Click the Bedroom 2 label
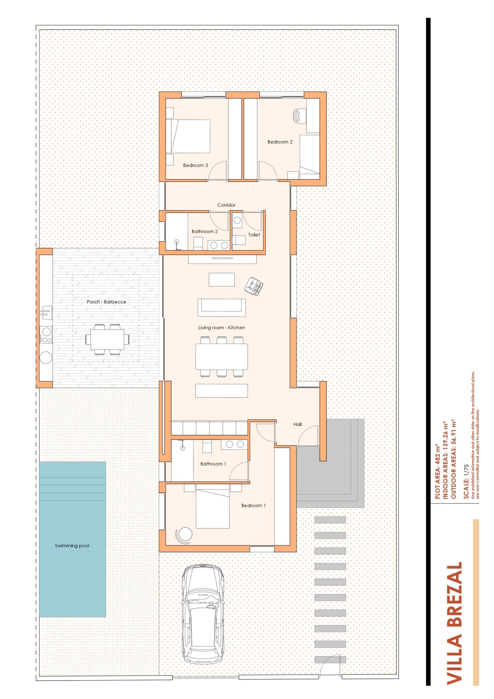[x=280, y=142]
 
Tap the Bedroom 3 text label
[x=195, y=165]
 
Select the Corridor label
[x=226, y=205]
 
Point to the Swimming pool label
[x=72, y=546]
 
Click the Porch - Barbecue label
[x=106, y=302]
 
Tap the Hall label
[x=297, y=424]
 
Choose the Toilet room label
[x=254, y=235]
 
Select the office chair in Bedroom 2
[x=299, y=115]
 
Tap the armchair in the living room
[x=254, y=286]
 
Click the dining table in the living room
[x=221, y=356]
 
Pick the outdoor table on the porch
[x=107, y=339]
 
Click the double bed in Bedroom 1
[x=212, y=508]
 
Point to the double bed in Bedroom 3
[x=188, y=136]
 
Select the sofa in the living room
[x=222, y=307]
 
